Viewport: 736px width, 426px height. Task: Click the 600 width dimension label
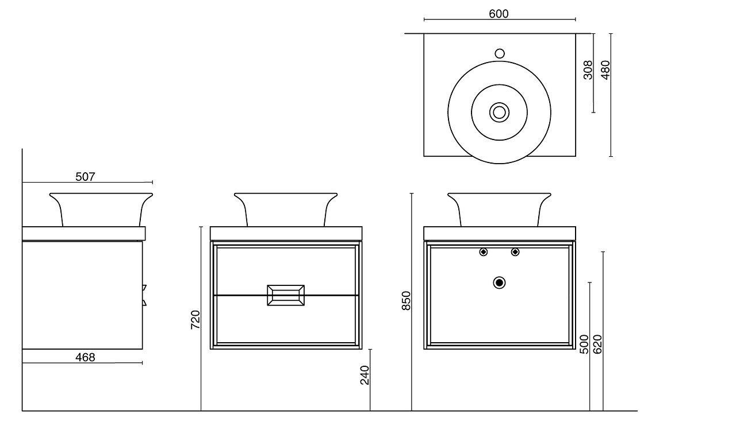click(x=499, y=14)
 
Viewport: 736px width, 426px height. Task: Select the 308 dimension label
click(x=588, y=70)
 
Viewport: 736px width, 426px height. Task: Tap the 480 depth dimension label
click(x=605, y=70)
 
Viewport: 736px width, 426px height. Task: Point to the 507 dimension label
click(x=85, y=177)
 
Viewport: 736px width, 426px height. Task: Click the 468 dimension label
click(x=85, y=357)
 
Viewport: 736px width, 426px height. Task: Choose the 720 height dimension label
click(x=195, y=319)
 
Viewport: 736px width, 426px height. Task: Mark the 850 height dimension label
click(x=406, y=301)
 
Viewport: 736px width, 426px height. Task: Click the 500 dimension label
click(x=584, y=344)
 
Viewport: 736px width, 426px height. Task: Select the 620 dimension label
click(x=597, y=344)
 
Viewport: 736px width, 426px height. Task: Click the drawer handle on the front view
click(x=286, y=295)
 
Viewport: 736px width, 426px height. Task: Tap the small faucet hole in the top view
click(x=499, y=53)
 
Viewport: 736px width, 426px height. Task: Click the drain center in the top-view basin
click(x=499, y=112)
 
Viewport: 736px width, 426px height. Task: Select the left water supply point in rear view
click(x=484, y=251)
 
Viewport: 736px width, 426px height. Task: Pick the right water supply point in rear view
click(x=515, y=251)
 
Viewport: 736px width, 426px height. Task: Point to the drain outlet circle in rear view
click(x=499, y=282)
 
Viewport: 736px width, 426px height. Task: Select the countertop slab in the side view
click(x=84, y=234)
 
